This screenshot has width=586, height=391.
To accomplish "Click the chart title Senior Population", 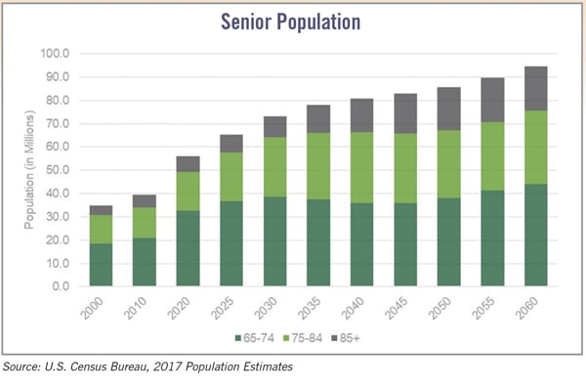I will (292, 21).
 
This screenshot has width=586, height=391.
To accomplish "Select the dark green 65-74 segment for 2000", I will (100, 265).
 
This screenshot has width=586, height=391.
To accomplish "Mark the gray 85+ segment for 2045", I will (406, 113).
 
